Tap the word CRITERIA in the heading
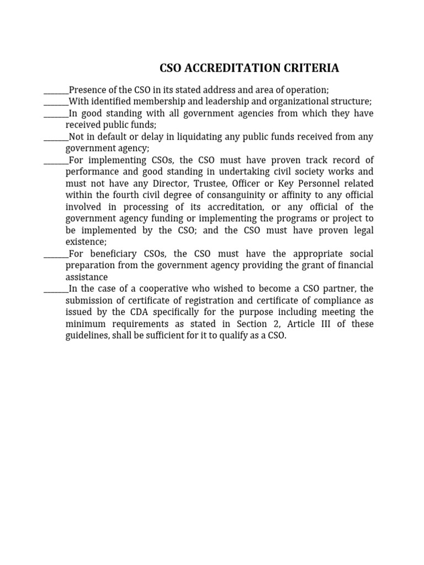(312, 68)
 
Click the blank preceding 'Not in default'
(56, 137)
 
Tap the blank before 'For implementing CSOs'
(56, 160)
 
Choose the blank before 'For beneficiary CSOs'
(56, 254)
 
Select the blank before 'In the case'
(56, 289)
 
